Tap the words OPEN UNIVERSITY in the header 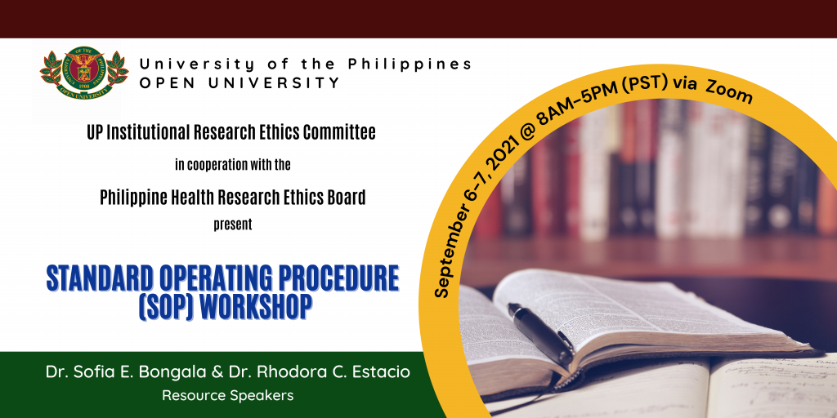[x=239, y=82]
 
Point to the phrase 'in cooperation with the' [x=233, y=165]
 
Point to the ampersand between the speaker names [x=217, y=372]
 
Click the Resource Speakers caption [x=227, y=396]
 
